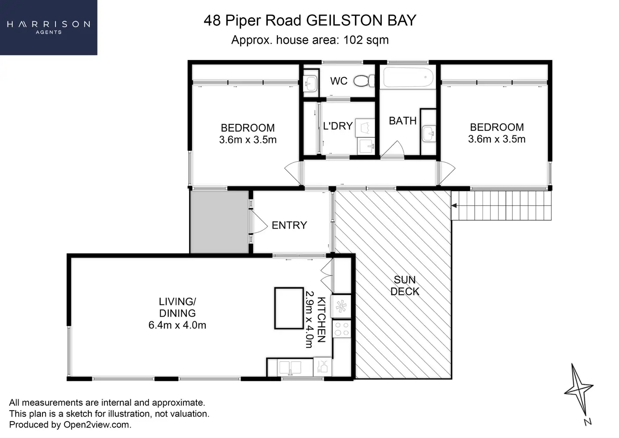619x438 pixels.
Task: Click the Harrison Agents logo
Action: (x=48, y=27)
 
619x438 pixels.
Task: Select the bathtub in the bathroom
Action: (x=408, y=78)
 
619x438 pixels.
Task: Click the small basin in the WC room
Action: (x=310, y=83)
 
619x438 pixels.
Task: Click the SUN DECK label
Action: (x=405, y=286)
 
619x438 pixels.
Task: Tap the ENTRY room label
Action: (x=289, y=225)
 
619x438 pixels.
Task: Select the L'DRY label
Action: (x=337, y=126)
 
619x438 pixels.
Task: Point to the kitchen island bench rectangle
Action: (x=289, y=308)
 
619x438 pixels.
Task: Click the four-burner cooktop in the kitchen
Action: (x=341, y=329)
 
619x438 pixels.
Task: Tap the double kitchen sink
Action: (x=290, y=367)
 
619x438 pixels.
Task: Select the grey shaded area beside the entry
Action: (x=219, y=222)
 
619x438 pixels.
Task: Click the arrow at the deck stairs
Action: (x=455, y=206)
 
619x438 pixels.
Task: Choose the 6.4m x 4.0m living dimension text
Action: (x=177, y=325)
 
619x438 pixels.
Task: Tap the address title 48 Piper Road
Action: (x=310, y=20)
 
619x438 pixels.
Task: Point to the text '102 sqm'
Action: (x=366, y=40)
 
